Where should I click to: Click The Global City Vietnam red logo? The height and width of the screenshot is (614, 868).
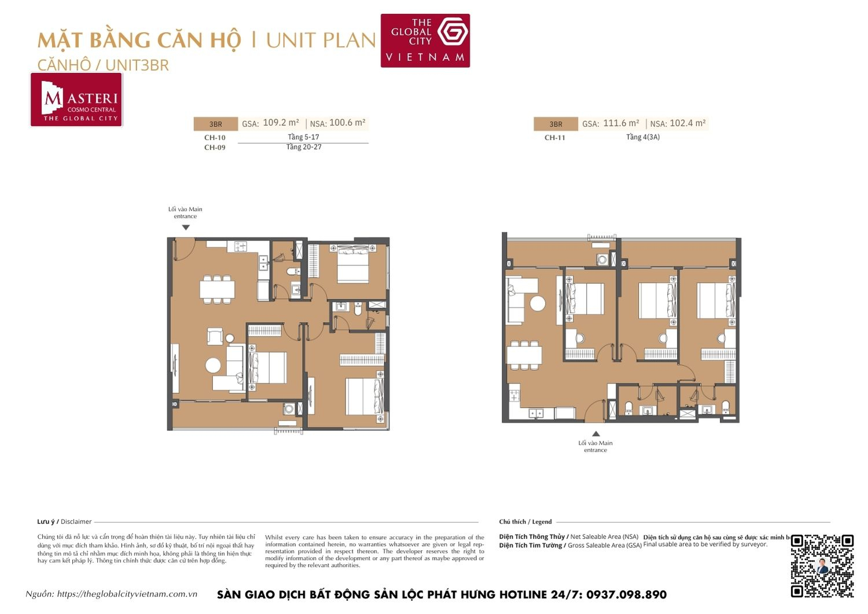pos(425,41)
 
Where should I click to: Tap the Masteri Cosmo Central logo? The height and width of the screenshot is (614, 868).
pos(76,100)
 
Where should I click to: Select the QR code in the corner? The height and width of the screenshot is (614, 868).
pos(822,565)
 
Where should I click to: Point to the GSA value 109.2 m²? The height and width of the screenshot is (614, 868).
pos(281,123)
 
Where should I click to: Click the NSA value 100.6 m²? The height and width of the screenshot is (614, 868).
pos(347,123)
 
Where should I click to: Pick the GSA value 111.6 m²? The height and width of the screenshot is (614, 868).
pos(621,123)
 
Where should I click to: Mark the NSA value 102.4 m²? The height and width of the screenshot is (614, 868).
pos(687,123)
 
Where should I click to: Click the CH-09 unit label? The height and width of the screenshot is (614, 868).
pos(215,148)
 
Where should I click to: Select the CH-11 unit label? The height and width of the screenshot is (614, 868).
pos(554,138)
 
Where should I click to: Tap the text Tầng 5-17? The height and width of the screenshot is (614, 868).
pos(303,137)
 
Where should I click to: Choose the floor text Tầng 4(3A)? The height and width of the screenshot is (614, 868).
pos(642,137)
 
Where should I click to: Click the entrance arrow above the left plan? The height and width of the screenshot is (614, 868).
pos(186,228)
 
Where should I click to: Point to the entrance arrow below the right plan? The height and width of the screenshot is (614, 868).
pos(595,434)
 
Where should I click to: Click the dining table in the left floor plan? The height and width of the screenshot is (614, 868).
pos(218,288)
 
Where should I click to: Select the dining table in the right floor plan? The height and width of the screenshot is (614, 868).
pos(525,354)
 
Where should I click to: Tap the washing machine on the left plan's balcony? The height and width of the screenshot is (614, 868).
pos(288,409)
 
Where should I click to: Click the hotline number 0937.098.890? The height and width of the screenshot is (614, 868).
pos(626,595)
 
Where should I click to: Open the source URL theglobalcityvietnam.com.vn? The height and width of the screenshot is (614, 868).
pos(127,594)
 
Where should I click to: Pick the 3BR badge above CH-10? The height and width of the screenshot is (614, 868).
pos(215,124)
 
